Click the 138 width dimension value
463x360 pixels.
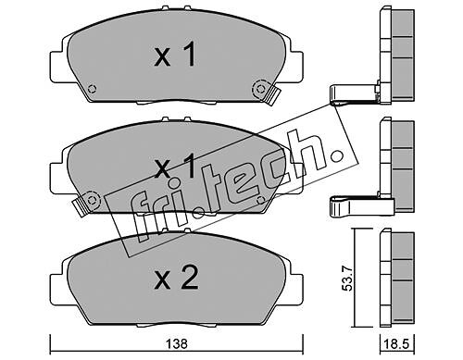(177, 344)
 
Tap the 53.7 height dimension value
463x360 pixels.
(348, 279)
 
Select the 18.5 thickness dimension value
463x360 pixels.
(396, 344)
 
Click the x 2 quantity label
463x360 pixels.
(176, 278)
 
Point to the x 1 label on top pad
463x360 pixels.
(175, 55)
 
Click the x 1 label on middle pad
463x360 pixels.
(175, 167)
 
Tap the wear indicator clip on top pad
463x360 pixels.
(272, 95)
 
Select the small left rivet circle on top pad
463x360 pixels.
(92, 89)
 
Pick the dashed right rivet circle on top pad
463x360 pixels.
(260, 89)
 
